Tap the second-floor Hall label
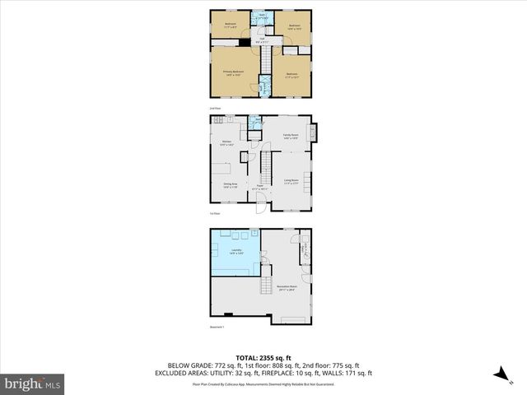point(263,39)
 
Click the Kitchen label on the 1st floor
point(226,142)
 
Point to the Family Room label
point(290,136)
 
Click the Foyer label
point(259,187)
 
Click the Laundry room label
point(236,251)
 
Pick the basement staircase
point(267,285)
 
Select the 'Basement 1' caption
point(217,328)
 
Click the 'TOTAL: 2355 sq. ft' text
point(263,357)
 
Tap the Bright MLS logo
point(32,383)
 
